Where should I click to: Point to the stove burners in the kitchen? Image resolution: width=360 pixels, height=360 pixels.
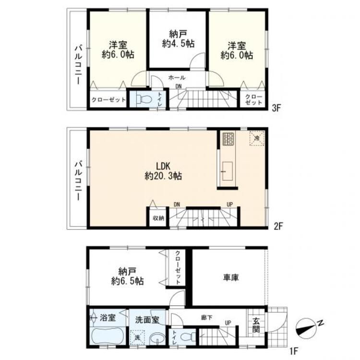(x=228, y=140)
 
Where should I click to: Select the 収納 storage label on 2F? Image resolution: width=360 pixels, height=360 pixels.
(x=158, y=218)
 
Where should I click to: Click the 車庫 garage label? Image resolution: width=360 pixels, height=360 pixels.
(x=231, y=277)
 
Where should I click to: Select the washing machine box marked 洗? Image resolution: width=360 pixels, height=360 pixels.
(x=139, y=337)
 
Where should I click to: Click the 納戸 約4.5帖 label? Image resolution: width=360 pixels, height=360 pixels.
(x=177, y=38)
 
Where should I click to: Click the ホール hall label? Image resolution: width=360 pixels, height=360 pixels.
(x=177, y=77)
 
